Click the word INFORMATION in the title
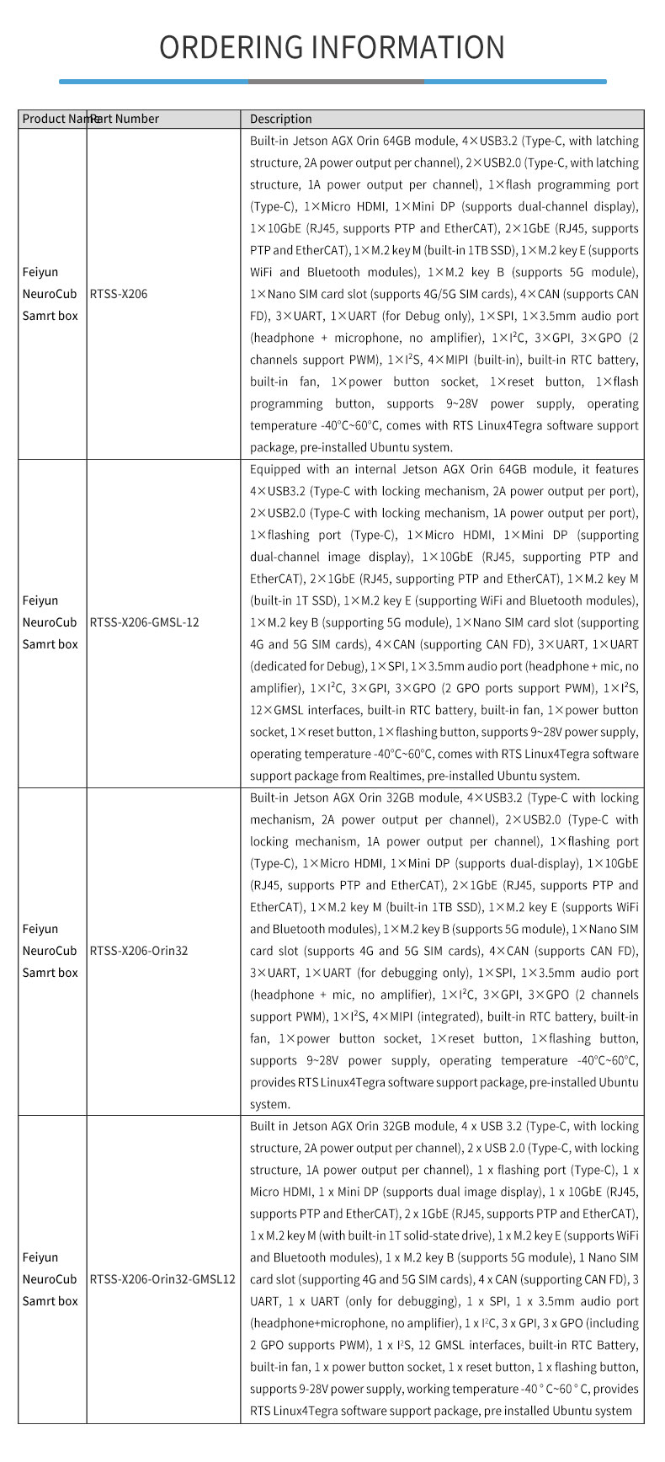pos(408,47)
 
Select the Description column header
pos(280,119)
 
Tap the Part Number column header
pos(126,119)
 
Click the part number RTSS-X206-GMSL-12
pos(144,622)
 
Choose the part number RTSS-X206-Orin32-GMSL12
pos(162,1279)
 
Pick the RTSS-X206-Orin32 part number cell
pos(138,951)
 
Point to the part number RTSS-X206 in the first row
pos(118,294)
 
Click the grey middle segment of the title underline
pos(336,82)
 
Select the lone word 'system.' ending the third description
pos(269,1104)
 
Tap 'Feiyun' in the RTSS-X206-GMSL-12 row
pos(40,600)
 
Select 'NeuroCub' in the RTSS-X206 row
pos(49,294)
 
